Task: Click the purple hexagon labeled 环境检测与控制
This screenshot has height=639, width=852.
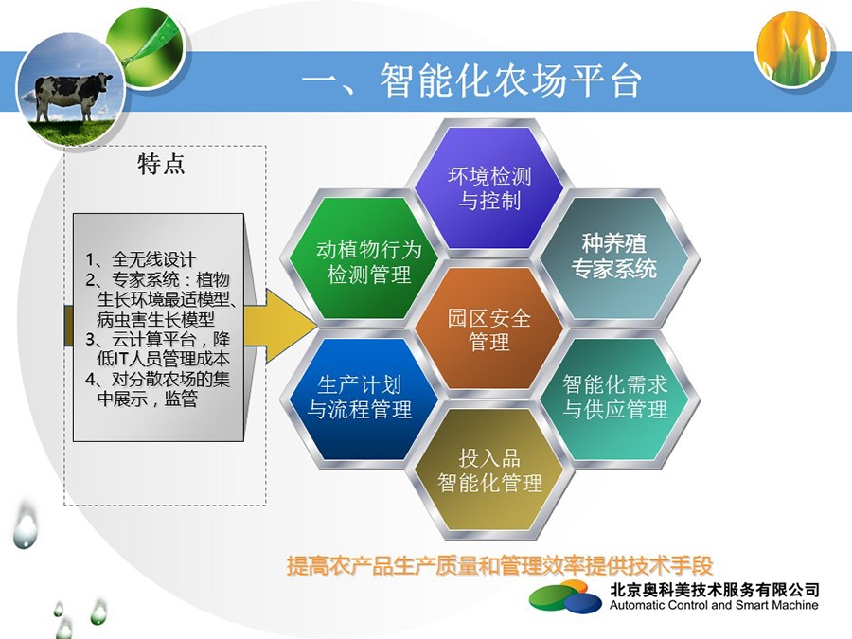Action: (489, 188)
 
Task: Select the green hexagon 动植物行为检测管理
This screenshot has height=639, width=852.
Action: (364, 257)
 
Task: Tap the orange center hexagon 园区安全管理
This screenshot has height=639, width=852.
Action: (489, 328)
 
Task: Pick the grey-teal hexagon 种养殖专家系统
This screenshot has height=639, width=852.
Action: (614, 257)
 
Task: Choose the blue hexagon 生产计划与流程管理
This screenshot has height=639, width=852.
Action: (364, 399)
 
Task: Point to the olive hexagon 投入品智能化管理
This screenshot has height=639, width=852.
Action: (489, 469)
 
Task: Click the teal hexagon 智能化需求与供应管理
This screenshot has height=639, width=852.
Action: (614, 399)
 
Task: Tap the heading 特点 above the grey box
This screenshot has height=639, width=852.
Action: (161, 164)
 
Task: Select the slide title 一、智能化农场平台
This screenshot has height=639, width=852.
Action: (471, 81)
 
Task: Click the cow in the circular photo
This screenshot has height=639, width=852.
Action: (72, 95)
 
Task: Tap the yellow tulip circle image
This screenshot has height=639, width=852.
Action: (794, 47)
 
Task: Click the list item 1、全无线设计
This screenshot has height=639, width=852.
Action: (140, 259)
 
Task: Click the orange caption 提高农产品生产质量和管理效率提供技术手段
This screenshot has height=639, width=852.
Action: (500, 566)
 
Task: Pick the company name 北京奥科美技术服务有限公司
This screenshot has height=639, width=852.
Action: (714, 590)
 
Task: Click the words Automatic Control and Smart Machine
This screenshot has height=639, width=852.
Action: (714, 605)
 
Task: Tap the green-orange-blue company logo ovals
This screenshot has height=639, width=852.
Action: (566, 597)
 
